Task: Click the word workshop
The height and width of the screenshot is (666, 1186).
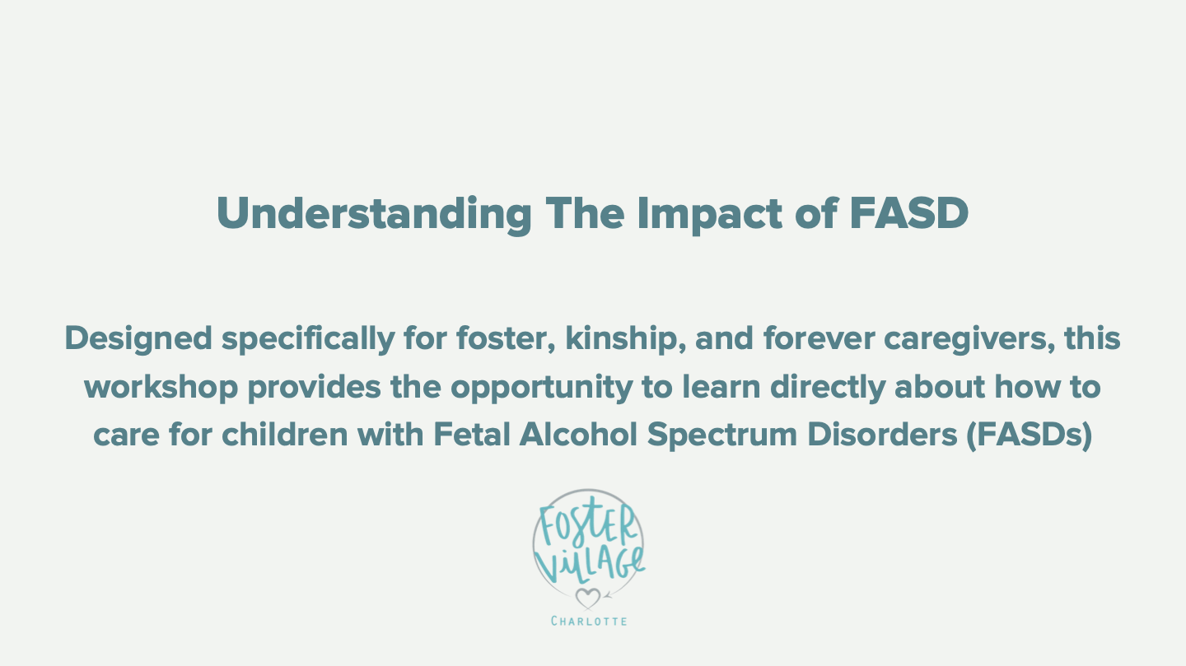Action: tap(161, 387)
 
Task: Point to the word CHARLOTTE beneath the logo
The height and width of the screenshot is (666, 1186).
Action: tap(588, 621)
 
